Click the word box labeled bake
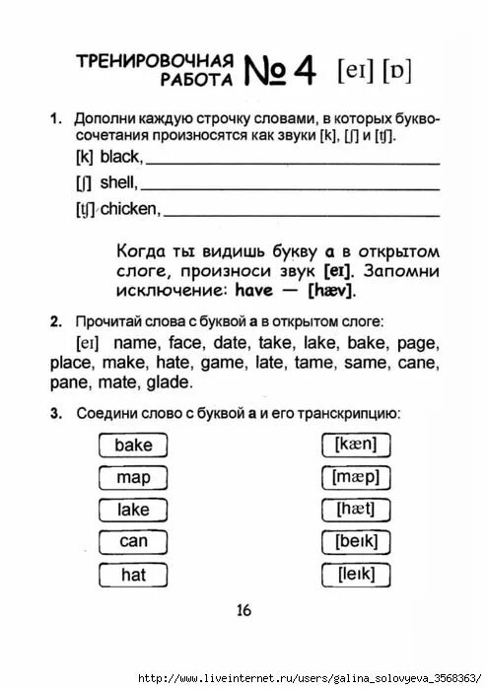pos(133,445)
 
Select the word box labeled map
pos(133,477)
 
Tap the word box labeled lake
pos(133,510)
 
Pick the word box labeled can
pos(133,541)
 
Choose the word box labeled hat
pos(133,574)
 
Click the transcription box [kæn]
pos(356,445)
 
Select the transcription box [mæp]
pos(356,477)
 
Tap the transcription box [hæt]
pos(356,510)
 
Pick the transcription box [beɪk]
pos(356,541)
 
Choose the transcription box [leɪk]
pos(356,574)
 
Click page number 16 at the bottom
pos(243,610)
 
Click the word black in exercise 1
pos(121,157)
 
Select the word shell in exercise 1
pos(119,182)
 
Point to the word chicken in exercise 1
pos(131,208)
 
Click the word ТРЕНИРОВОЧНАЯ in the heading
pos(155,60)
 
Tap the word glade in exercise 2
pos(169,382)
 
